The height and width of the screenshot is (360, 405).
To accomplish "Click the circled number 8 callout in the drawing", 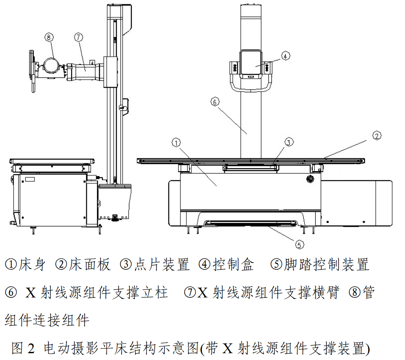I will coord(49,37).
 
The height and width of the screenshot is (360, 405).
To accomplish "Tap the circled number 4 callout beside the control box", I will coord(285,55).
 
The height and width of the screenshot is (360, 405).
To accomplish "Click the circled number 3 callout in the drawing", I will coord(288,142).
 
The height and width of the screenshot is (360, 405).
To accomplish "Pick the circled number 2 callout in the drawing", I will coord(376,136).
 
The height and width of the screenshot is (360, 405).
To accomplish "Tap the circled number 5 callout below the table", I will coord(299,244).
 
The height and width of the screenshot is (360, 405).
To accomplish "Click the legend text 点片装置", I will coord(161,265).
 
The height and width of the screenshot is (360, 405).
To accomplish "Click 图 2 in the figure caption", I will coord(23,349).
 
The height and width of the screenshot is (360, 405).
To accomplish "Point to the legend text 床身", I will coord(32,265).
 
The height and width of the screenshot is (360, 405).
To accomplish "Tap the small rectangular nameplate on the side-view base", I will coord(30,179).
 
